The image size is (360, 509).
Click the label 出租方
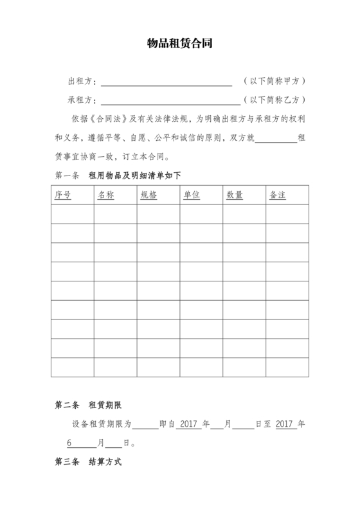pyautogui.click(x=81, y=82)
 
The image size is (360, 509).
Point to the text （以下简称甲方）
pyautogui.click(x=274, y=82)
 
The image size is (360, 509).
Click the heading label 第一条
pyautogui.click(x=67, y=175)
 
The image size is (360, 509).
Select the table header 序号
pyautogui.click(x=63, y=195)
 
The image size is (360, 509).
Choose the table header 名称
pyautogui.click(x=105, y=195)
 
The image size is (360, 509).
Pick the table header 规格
pyautogui.click(x=148, y=195)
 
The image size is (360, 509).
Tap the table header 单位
pyautogui.click(x=192, y=195)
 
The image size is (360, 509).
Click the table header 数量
pyautogui.click(x=235, y=195)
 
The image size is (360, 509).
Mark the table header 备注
pyautogui.click(x=278, y=195)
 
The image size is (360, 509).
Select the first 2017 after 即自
pyautogui.click(x=187, y=425)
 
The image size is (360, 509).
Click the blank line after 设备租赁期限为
pyautogui.click(x=145, y=425)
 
